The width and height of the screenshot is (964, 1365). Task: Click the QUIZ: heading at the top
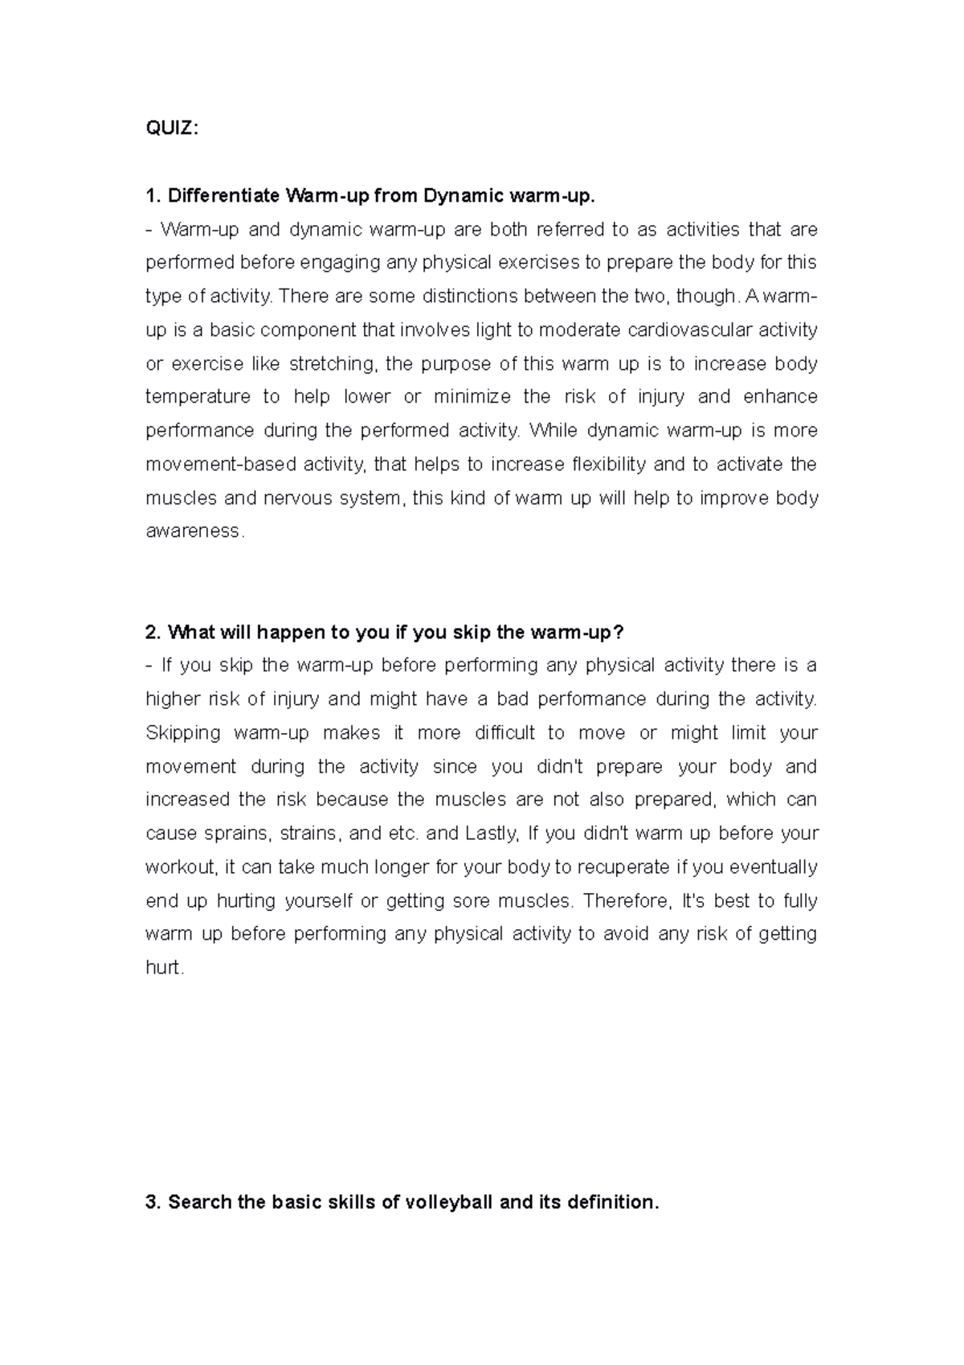click(171, 129)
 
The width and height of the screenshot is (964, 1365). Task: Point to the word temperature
click(198, 397)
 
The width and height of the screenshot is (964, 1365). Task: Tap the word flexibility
click(607, 465)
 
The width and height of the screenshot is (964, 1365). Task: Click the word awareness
click(192, 532)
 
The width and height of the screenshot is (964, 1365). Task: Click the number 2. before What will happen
click(153, 633)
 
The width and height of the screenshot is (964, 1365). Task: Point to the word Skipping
click(182, 733)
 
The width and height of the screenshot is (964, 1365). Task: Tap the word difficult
click(504, 733)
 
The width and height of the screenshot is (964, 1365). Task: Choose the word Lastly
click(491, 834)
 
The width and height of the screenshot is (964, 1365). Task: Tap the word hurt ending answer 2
click(163, 968)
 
